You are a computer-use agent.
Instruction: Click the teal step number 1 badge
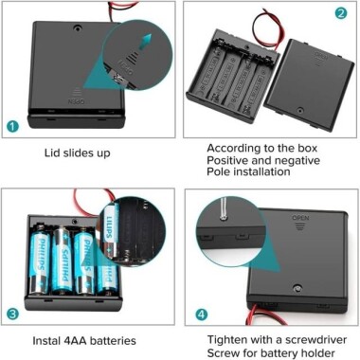coord(13,125)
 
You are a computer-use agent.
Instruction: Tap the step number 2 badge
coord(340,13)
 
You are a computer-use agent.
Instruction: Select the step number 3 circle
coord(13,314)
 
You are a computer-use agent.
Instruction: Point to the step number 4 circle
coord(200,314)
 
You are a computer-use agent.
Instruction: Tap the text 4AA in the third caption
coord(86,340)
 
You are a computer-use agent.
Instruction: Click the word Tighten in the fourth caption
coord(232,337)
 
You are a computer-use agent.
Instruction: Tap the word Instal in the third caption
coord(59,340)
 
